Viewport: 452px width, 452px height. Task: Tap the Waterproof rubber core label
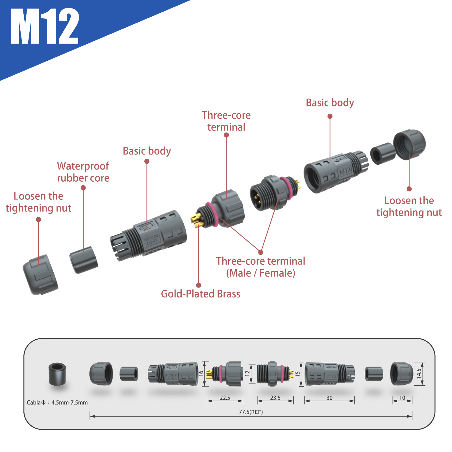pyautogui.click(x=83, y=172)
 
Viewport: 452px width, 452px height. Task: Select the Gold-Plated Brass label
pyautogui.click(x=201, y=294)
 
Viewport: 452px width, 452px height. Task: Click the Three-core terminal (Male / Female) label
pyautogui.click(x=260, y=267)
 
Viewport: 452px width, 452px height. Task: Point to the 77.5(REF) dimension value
pyautogui.click(x=251, y=412)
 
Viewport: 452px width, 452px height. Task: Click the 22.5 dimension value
pyautogui.click(x=225, y=398)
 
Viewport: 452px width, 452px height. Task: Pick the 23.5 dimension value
pyautogui.click(x=275, y=398)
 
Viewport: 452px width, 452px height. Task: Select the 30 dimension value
pyautogui.click(x=329, y=398)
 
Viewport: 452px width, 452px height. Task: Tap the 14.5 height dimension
pyautogui.click(x=419, y=373)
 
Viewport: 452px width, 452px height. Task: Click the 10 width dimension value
pyautogui.click(x=402, y=398)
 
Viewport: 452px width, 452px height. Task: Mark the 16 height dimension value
pyautogui.click(x=201, y=373)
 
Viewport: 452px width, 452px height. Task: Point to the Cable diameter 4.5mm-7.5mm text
pyautogui.click(x=57, y=403)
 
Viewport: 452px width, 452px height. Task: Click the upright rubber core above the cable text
pyautogui.click(x=57, y=374)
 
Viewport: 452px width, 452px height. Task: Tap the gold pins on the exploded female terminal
pyautogui.click(x=197, y=220)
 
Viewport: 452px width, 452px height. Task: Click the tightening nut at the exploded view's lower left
pyautogui.click(x=40, y=275)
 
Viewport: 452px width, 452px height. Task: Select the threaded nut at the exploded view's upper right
pyautogui.click(x=409, y=144)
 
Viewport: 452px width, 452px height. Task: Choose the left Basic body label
pyautogui.click(x=147, y=151)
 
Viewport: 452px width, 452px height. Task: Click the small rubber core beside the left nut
pyautogui.click(x=84, y=260)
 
